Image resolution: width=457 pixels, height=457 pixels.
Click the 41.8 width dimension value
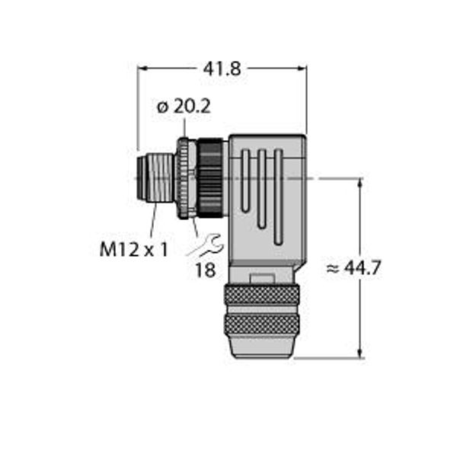222,69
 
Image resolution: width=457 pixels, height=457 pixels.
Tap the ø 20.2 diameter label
184,107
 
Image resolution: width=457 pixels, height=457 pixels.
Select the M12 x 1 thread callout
134,250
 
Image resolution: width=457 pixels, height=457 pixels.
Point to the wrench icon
205,245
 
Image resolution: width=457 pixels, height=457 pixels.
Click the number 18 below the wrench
206,270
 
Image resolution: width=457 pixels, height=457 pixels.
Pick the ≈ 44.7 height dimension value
353,267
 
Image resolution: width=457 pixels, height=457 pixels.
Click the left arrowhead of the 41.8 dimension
142,69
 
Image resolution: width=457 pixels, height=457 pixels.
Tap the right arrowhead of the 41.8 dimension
302,69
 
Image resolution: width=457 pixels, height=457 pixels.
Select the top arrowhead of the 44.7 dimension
361,183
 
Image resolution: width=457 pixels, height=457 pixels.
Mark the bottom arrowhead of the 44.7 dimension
361,353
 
